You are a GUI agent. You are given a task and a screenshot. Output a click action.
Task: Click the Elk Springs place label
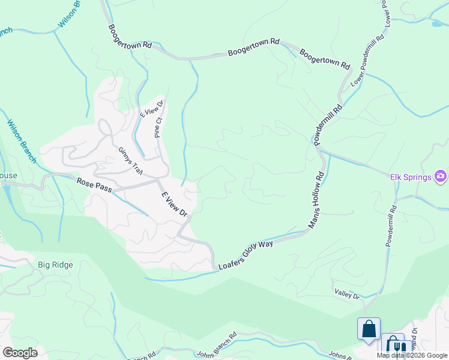411,176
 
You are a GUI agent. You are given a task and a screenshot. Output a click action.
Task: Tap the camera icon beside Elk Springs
441,176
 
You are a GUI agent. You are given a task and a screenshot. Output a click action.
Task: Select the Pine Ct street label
158,127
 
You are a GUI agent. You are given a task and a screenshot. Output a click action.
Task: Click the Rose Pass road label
95,183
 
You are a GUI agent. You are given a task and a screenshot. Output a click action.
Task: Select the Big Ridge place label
55,265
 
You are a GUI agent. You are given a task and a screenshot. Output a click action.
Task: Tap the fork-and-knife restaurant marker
395,346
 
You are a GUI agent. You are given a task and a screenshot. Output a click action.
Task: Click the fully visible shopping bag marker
369,329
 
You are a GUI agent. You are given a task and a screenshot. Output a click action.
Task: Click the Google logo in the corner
20,353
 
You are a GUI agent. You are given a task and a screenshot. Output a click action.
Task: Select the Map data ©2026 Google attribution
412,355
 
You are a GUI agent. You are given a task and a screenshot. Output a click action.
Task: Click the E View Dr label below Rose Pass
175,205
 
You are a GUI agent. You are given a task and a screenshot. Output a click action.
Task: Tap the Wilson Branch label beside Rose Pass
22,142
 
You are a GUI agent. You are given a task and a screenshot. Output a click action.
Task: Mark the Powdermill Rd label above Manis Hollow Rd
328,124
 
